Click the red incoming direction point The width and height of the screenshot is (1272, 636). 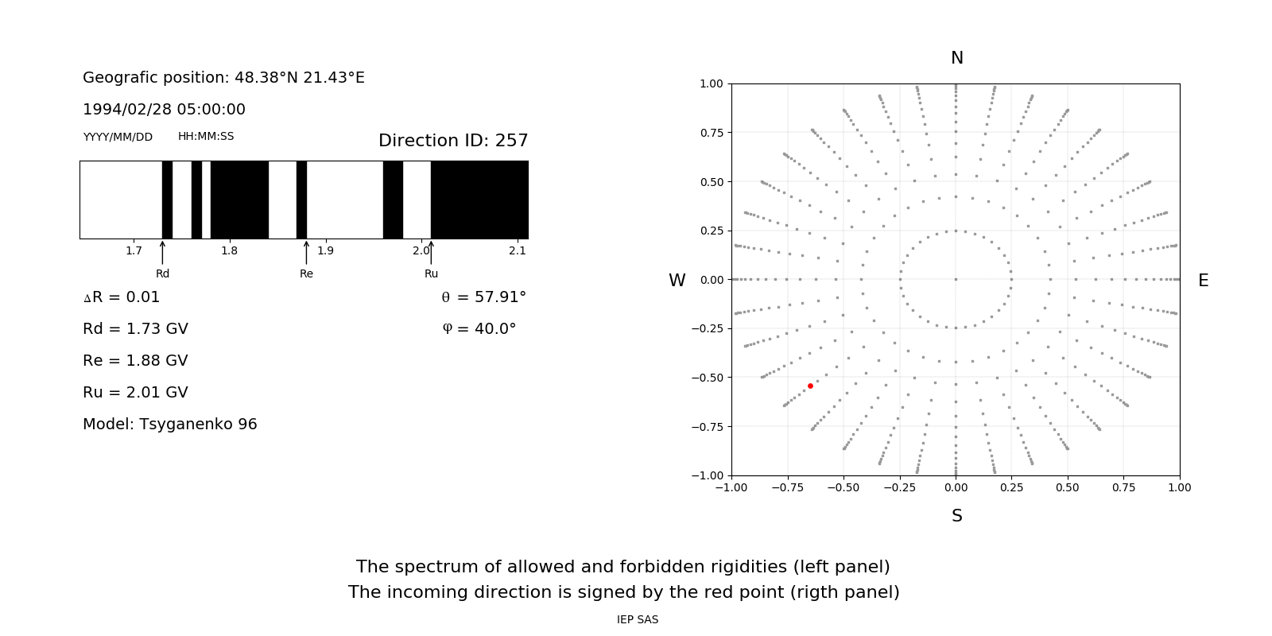[810, 386]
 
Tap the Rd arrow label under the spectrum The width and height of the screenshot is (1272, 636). [162, 273]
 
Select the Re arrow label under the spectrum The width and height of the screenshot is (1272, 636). [306, 273]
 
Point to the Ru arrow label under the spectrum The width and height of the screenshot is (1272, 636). [431, 273]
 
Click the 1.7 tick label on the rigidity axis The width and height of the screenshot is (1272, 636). [134, 251]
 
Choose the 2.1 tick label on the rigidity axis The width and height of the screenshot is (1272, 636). [518, 251]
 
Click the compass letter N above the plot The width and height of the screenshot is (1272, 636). [957, 58]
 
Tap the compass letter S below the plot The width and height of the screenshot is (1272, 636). [957, 516]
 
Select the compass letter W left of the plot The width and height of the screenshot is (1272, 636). [677, 281]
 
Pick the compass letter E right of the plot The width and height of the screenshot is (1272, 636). [1203, 281]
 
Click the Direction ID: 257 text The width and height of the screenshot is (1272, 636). [453, 141]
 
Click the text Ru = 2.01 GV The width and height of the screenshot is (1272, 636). [135, 393]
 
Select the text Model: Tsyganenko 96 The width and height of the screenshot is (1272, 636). [170, 425]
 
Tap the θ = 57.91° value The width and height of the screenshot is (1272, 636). [484, 297]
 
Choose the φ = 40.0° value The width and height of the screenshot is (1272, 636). [479, 329]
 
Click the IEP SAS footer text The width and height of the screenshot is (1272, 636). [638, 619]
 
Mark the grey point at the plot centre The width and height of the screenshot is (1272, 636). [956, 279]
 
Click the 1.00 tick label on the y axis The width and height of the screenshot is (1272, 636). [711, 83]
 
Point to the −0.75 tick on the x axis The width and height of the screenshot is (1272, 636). [787, 487]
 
